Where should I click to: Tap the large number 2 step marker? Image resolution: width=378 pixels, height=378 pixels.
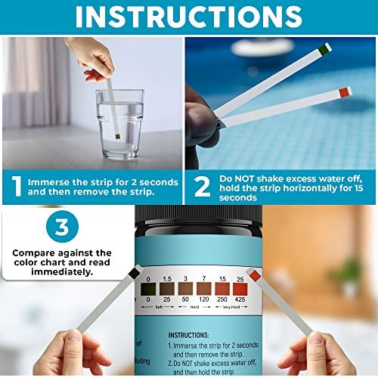202,187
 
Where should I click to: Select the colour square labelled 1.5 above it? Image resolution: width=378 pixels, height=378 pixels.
165,288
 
